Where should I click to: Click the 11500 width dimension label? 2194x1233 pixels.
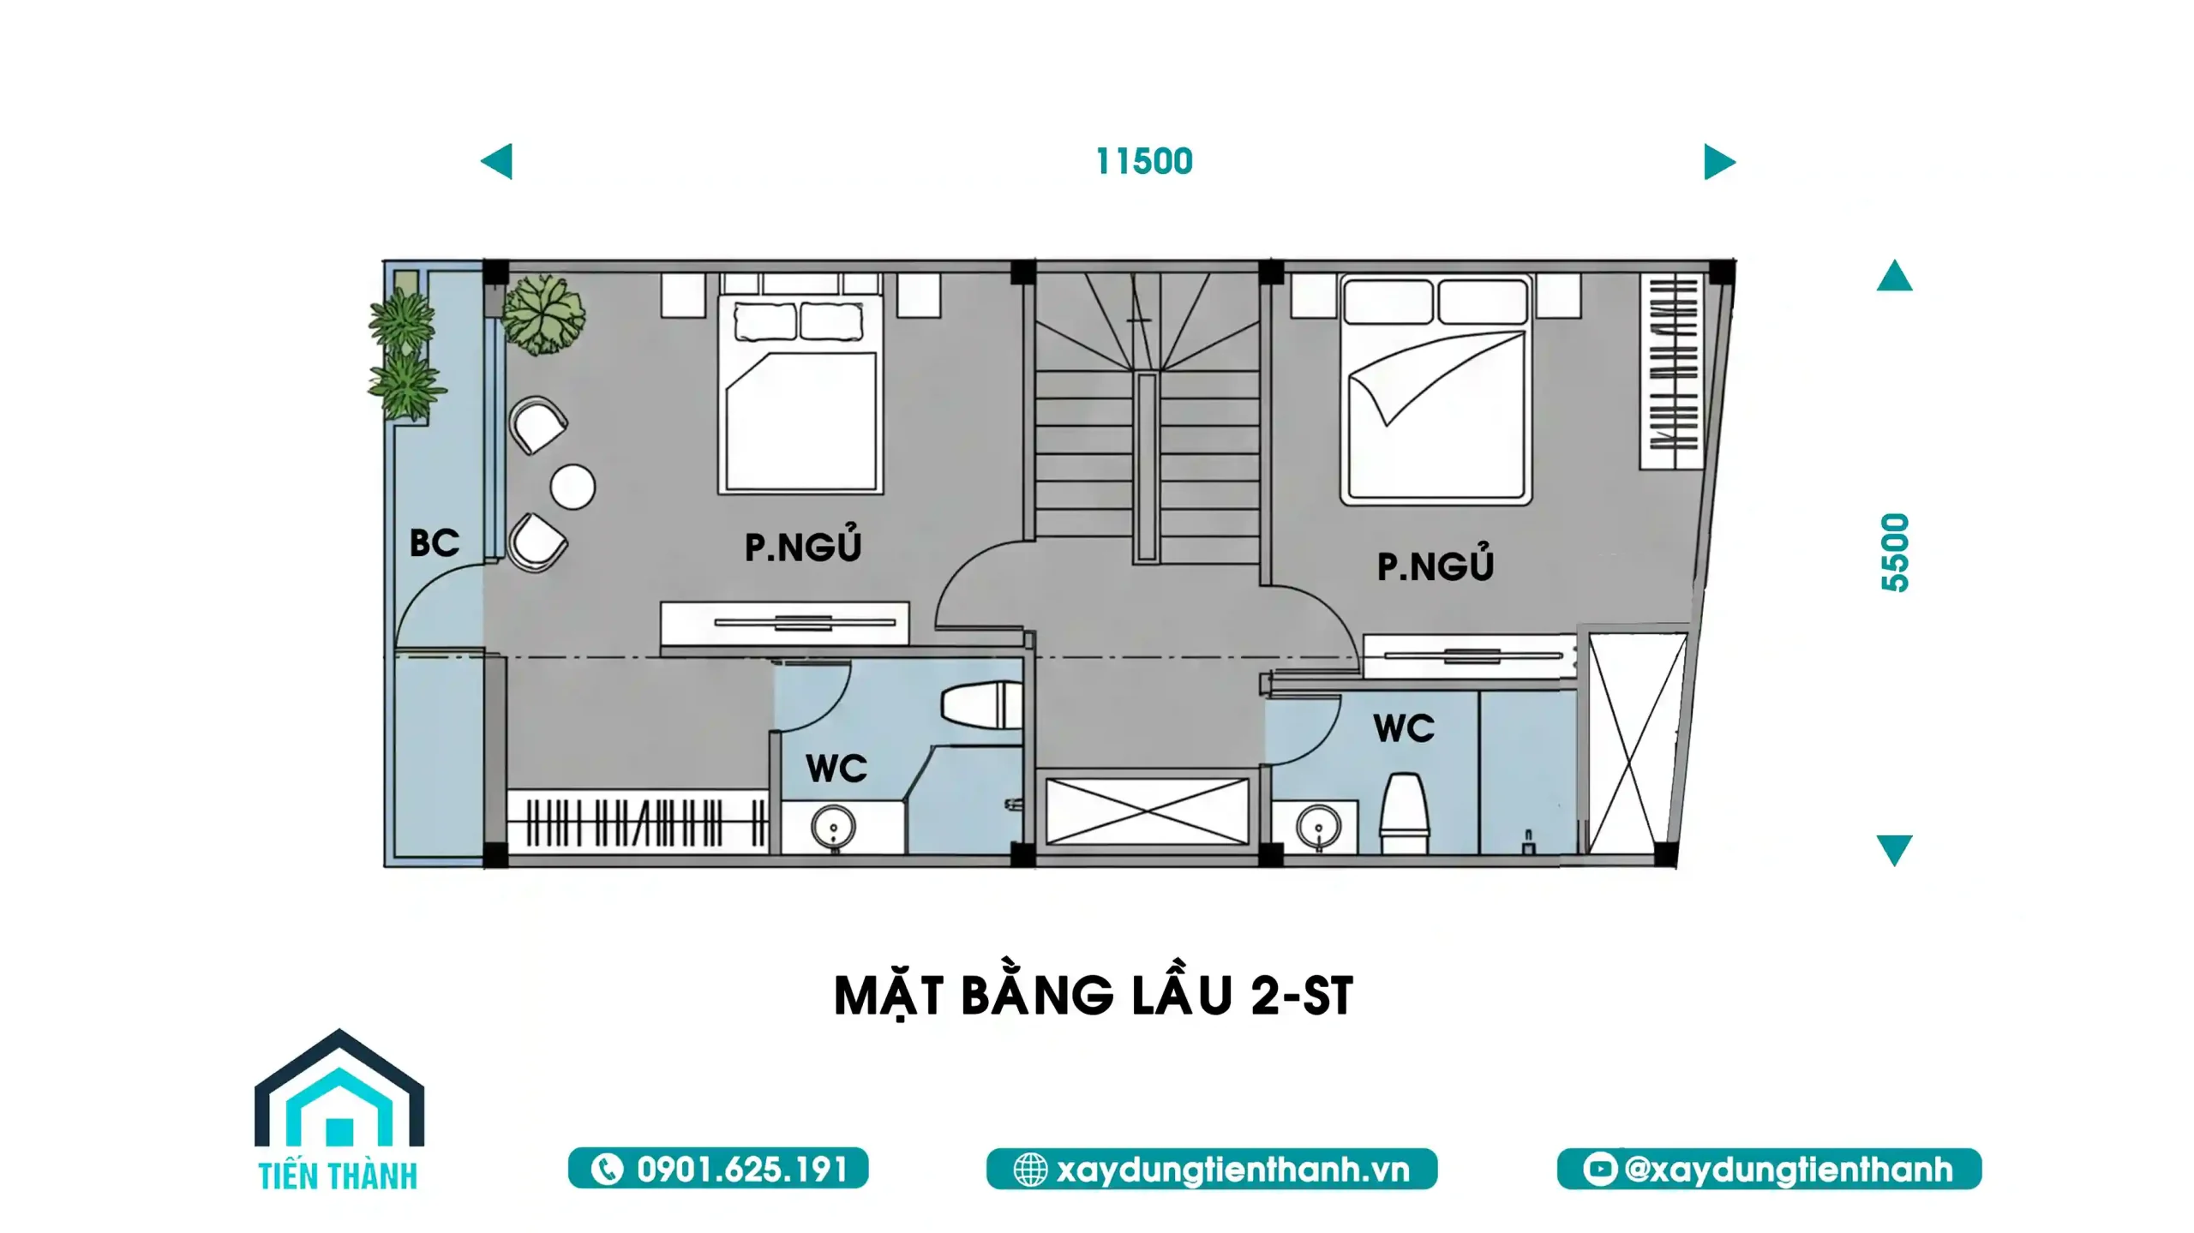coord(1144,162)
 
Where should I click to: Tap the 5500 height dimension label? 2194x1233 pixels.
coord(1895,553)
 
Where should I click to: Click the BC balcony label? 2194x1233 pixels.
coord(435,543)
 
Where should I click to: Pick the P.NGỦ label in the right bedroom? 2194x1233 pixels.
coord(1436,563)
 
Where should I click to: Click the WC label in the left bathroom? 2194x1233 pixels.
coord(836,769)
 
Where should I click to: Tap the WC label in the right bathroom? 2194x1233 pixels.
coord(1404,728)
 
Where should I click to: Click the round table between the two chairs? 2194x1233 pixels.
coord(572,487)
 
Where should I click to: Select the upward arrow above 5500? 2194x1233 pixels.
coord(1895,276)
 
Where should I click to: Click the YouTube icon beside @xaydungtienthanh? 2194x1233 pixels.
coord(1599,1170)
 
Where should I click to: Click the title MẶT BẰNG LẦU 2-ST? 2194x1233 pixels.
coord(1094,995)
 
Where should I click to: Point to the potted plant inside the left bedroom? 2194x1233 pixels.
coord(543,314)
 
